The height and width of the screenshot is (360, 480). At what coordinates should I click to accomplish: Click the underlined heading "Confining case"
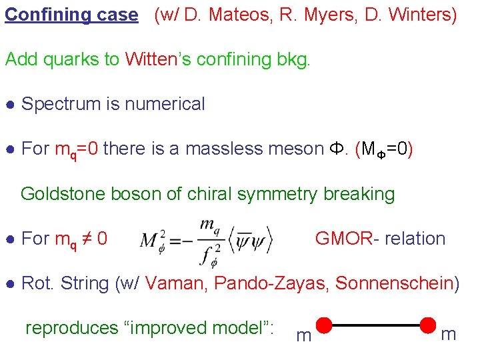pyautogui.click(x=71, y=15)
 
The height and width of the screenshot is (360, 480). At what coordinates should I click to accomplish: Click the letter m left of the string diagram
pyautogui.click(x=303, y=335)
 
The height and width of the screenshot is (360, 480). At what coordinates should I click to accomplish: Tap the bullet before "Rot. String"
pyautogui.click(x=10, y=284)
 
